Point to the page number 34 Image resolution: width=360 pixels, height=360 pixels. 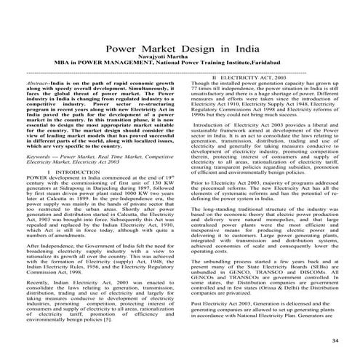click(x=335, y=341)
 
